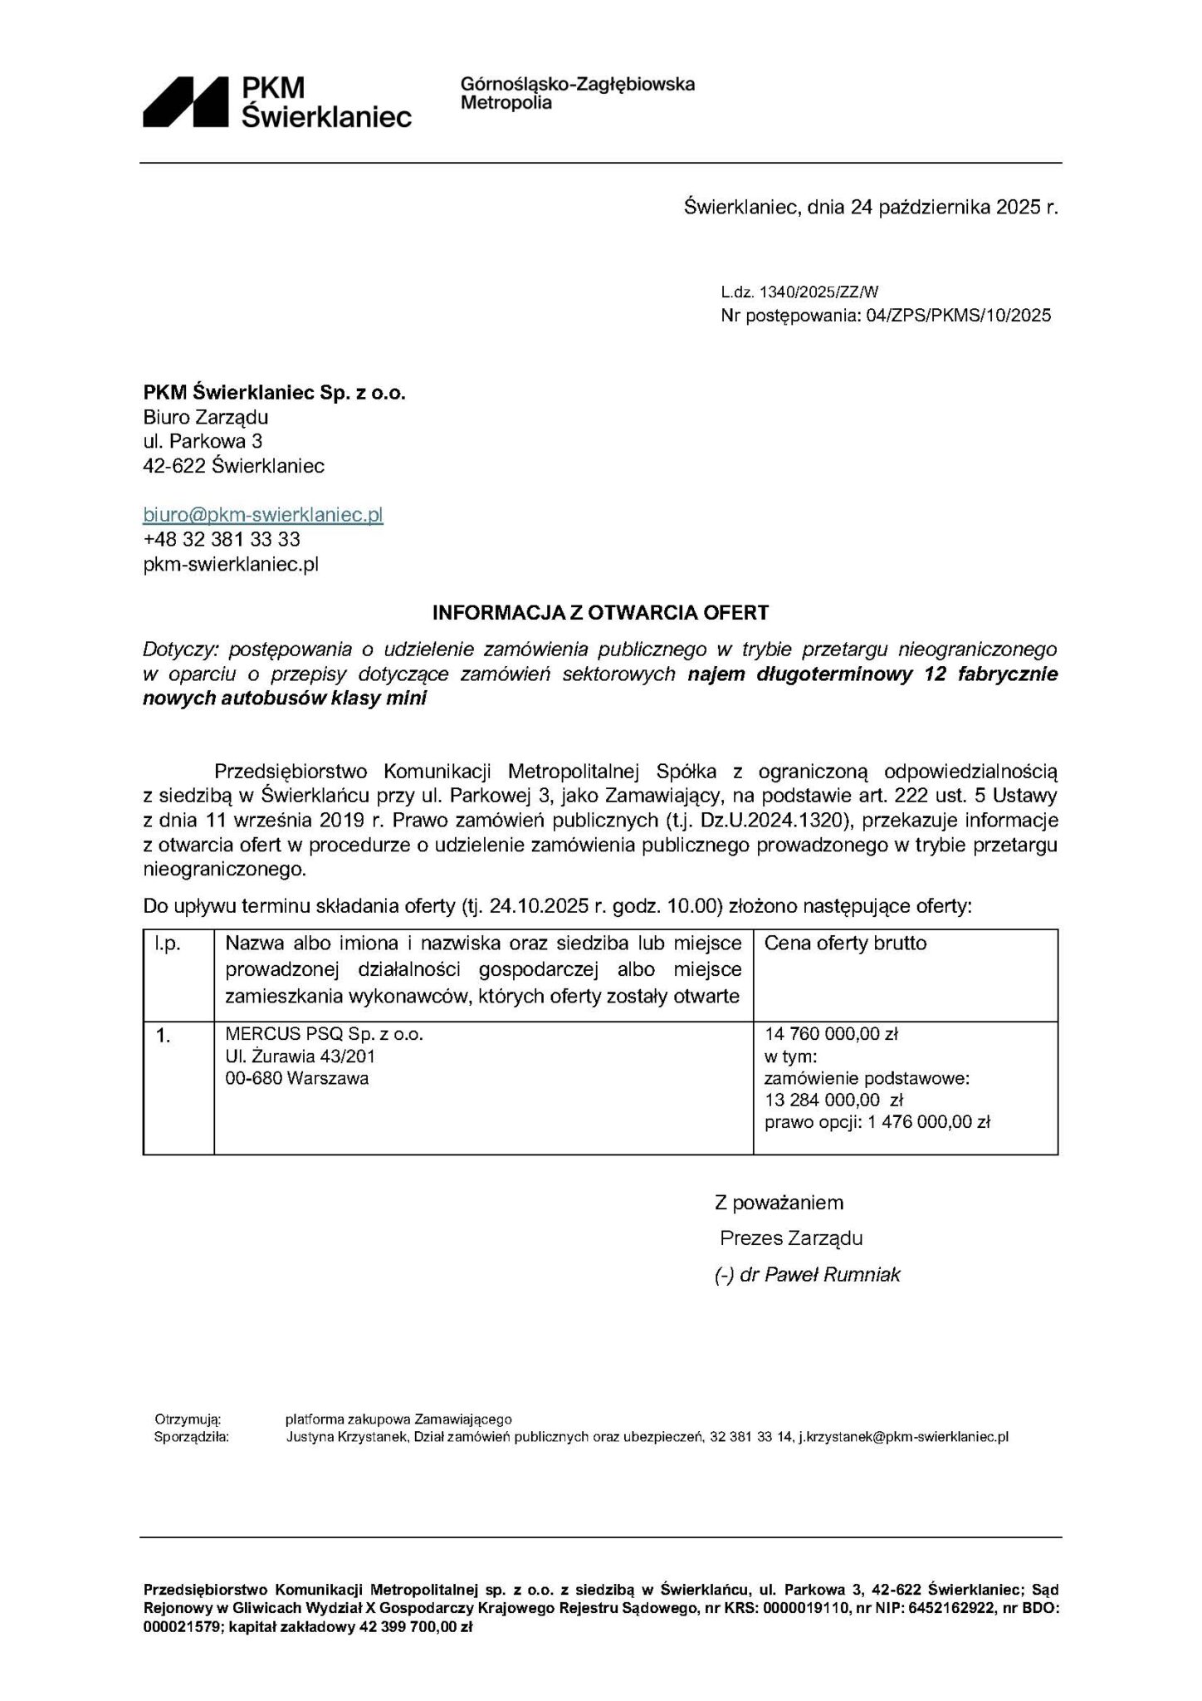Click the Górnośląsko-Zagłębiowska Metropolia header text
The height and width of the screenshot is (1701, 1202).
pos(577,94)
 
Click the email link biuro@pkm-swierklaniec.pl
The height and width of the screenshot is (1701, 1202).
pos(262,515)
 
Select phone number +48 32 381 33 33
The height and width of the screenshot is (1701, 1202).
pos(222,540)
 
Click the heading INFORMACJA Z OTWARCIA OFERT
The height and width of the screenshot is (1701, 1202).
pos(600,614)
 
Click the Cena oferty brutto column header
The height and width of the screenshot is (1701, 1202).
pos(844,944)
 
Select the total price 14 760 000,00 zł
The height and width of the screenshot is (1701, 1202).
pos(832,1035)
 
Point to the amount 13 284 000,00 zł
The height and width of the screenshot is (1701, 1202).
pos(833,1101)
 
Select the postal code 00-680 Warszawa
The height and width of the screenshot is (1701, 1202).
pos(297,1079)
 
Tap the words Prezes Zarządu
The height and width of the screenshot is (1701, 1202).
pos(791,1238)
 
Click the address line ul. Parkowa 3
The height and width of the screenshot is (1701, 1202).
pos(203,441)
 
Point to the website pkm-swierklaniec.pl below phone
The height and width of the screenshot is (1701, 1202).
pos(231,565)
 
